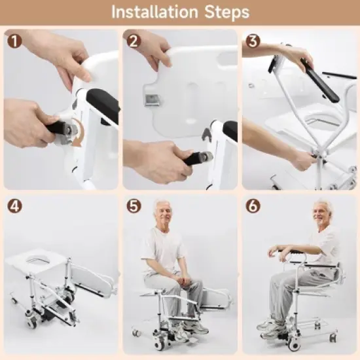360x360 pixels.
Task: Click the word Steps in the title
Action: point(225,12)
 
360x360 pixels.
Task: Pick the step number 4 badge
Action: point(14,205)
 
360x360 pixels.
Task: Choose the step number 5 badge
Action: point(134,206)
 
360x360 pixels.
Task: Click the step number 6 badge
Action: point(253,206)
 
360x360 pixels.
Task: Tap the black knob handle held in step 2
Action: point(198,157)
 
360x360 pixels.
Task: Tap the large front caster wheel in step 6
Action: point(294,344)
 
